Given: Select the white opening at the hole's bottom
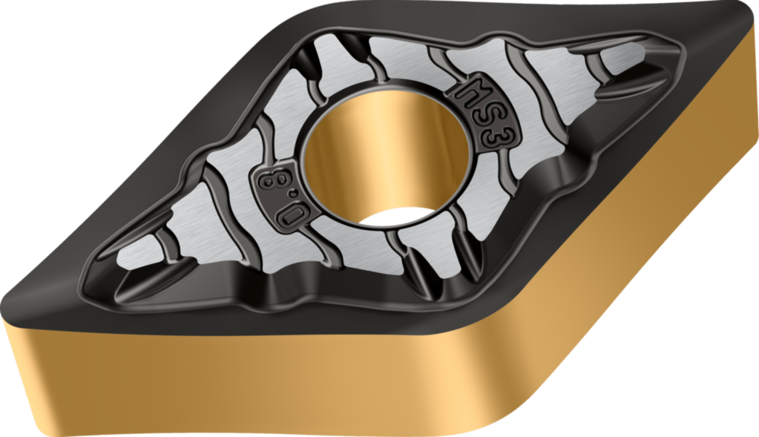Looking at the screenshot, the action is click(x=398, y=217).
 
